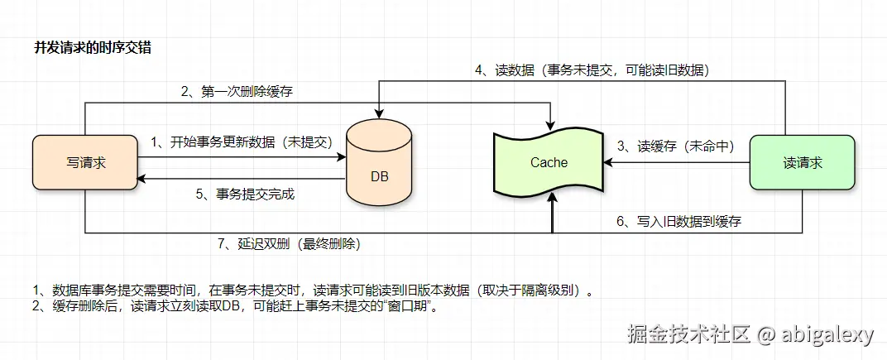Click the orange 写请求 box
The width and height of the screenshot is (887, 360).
[x=85, y=163]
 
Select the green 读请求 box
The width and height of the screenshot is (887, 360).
[x=802, y=163]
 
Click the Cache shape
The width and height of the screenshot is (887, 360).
[x=549, y=162]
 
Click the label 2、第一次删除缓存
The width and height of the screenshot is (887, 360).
[x=237, y=92]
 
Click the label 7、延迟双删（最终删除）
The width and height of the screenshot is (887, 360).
[x=288, y=244]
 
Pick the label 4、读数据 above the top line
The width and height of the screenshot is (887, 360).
[x=592, y=70]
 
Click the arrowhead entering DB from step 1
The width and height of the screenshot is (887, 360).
[x=342, y=156]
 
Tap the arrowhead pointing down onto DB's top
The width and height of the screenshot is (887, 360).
[x=380, y=115]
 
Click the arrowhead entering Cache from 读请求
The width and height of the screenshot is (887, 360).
[x=611, y=163]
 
